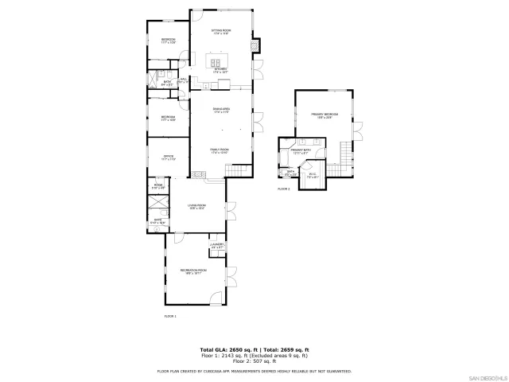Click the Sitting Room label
click(220, 32)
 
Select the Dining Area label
click(220, 110)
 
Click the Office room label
click(169, 158)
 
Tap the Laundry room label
click(217, 245)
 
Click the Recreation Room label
click(188, 272)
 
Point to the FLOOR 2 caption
click(284, 189)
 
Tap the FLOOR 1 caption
click(169, 317)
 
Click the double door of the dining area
click(257, 123)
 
